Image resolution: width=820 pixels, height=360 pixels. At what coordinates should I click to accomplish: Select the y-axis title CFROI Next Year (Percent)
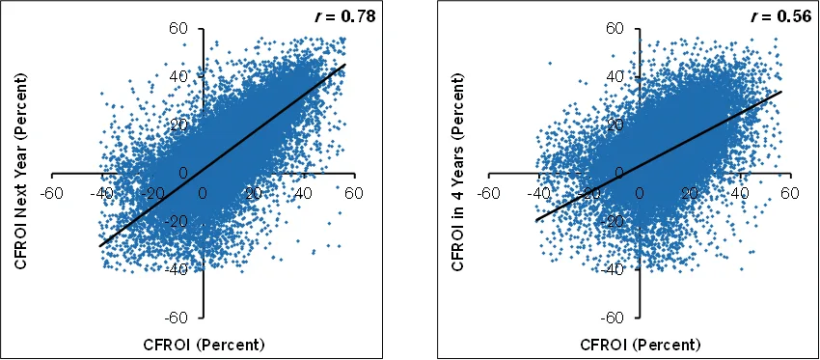[21, 171]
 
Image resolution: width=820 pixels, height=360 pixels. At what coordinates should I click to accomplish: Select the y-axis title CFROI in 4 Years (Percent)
[458, 171]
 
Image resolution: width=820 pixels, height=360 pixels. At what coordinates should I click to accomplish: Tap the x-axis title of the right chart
[640, 345]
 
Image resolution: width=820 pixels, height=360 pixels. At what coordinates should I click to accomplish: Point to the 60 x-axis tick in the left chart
[354, 193]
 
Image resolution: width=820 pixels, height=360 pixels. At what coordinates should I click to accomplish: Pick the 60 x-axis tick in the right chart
[791, 193]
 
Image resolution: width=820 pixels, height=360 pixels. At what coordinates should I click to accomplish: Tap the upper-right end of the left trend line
[345, 64]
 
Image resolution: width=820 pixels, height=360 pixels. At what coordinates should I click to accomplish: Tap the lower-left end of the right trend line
[536, 220]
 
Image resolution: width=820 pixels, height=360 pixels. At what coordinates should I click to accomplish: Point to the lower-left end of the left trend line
[99, 245]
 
